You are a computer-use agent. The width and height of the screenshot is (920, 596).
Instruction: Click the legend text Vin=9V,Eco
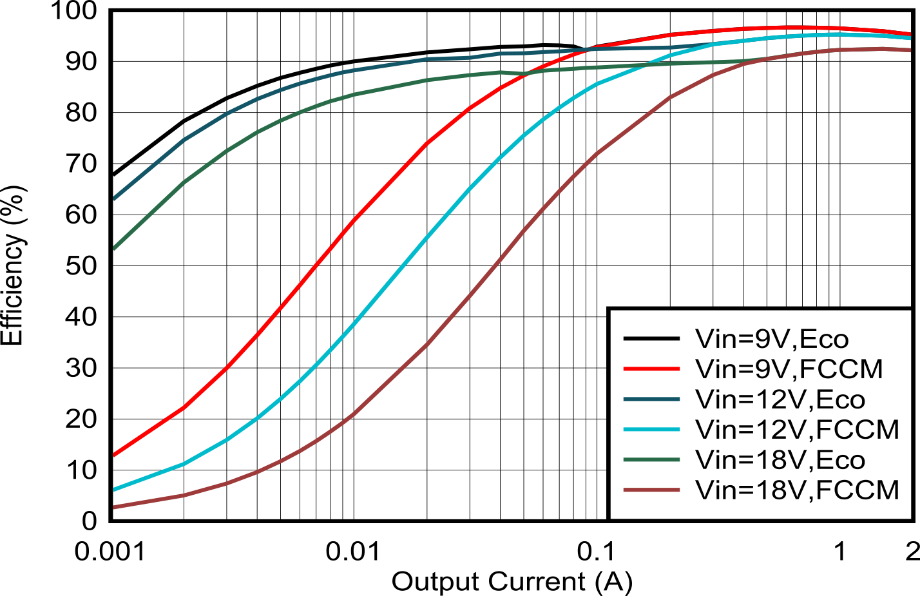pyautogui.click(x=772, y=339)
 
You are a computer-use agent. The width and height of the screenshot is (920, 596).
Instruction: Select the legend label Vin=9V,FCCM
pyautogui.click(x=789, y=369)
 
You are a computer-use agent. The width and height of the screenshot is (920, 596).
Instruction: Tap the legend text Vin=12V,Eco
pyautogui.click(x=780, y=399)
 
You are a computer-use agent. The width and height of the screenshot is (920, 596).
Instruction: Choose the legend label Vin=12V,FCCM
pyautogui.click(x=797, y=430)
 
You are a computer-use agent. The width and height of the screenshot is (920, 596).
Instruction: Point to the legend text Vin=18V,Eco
pyautogui.click(x=780, y=460)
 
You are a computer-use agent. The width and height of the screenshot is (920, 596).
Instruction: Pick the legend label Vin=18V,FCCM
pyautogui.click(x=797, y=490)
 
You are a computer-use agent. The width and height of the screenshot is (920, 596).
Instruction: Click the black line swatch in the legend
pyautogui.click(x=651, y=339)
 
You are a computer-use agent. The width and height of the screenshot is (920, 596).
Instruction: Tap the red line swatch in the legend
pyautogui.click(x=651, y=369)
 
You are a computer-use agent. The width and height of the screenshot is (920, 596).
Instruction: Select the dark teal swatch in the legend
pyautogui.click(x=651, y=399)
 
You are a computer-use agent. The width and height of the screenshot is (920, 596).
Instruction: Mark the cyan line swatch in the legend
pyautogui.click(x=651, y=430)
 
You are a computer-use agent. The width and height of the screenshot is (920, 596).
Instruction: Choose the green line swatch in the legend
pyautogui.click(x=651, y=460)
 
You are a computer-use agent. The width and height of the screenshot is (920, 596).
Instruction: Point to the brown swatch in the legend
pyautogui.click(x=651, y=490)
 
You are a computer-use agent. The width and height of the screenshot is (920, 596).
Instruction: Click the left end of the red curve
pyautogui.click(x=114, y=455)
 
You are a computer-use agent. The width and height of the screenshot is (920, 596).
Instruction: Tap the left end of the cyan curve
pyautogui.click(x=114, y=490)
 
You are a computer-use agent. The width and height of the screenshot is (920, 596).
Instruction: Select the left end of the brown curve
pyautogui.click(x=114, y=508)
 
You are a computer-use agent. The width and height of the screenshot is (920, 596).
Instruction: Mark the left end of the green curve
pyautogui.click(x=114, y=248)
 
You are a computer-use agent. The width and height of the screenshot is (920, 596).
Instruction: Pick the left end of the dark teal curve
pyautogui.click(x=114, y=198)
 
